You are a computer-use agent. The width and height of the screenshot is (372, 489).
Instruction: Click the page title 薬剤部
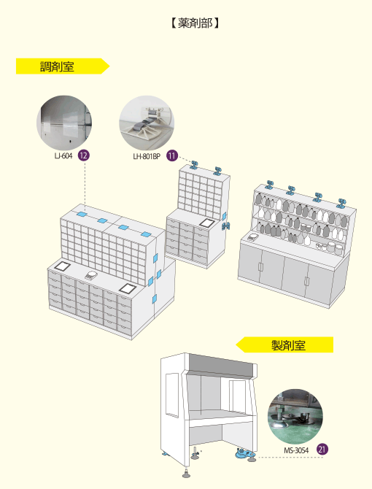tap(195, 23)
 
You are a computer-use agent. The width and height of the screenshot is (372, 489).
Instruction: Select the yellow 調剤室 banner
tap(63, 66)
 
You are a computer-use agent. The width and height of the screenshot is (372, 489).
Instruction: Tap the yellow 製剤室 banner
tap(284, 344)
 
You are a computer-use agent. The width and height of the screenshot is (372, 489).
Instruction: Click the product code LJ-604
tap(63, 155)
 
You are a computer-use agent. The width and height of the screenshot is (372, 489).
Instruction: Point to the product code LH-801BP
tap(147, 156)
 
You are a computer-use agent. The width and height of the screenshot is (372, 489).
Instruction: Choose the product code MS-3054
tap(296, 450)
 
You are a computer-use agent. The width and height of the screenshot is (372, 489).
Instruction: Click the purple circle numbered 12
tap(83, 155)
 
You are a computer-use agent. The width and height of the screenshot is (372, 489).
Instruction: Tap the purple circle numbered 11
tap(172, 155)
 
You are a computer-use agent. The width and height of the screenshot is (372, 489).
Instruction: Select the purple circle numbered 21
tap(322, 450)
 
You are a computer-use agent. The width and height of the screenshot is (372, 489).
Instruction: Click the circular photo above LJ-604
tap(64, 123)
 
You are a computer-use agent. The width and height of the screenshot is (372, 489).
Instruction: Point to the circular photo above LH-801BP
tap(147, 123)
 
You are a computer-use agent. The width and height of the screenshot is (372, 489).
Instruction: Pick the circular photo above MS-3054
tap(295, 416)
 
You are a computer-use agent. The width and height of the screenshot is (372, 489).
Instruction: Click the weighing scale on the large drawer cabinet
tap(91, 275)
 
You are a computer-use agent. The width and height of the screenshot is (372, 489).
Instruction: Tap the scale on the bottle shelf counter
tap(254, 237)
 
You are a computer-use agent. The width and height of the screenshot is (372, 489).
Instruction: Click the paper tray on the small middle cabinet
tap(206, 223)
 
